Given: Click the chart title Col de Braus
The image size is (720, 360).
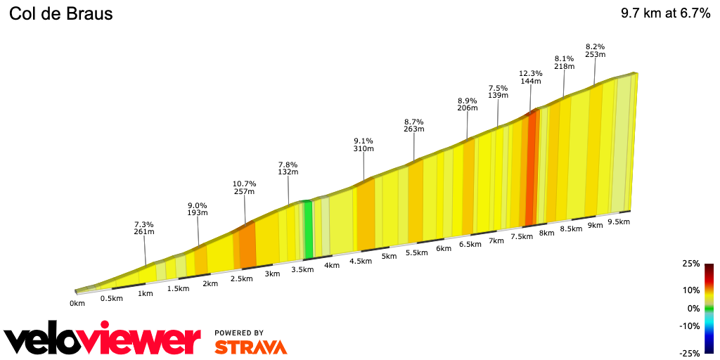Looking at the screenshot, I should coord(60,14).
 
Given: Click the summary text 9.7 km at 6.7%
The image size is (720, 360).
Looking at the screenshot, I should coord(665,14).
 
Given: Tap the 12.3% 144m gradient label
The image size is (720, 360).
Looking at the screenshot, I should coord(531,77).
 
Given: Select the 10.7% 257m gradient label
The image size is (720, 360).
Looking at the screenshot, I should coord(244,187).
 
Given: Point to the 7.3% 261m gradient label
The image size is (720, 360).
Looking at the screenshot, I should coord(144,228).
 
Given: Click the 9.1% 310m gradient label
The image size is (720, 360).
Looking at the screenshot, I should coord(364,144).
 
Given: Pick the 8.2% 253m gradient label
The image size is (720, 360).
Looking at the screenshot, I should coord(595,51).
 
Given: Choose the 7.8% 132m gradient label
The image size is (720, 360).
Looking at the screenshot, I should coord(288,168).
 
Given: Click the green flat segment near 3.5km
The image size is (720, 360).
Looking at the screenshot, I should coord(308,229).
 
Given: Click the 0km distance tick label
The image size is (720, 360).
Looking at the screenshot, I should coord(77,303).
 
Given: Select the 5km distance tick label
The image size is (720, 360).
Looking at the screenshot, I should coord(389,257).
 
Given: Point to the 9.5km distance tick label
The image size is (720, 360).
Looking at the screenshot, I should coord(618,221).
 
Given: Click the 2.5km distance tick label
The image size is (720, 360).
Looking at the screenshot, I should coord(241,278).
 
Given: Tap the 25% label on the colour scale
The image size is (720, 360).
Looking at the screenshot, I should coord(690,264).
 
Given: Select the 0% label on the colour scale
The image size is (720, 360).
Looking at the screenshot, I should coord(693,308).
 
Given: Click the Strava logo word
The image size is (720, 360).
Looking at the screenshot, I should coord(250,347).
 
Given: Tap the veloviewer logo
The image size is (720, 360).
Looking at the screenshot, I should coord(102,340).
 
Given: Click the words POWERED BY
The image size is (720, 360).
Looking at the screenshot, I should coord(239,333).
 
